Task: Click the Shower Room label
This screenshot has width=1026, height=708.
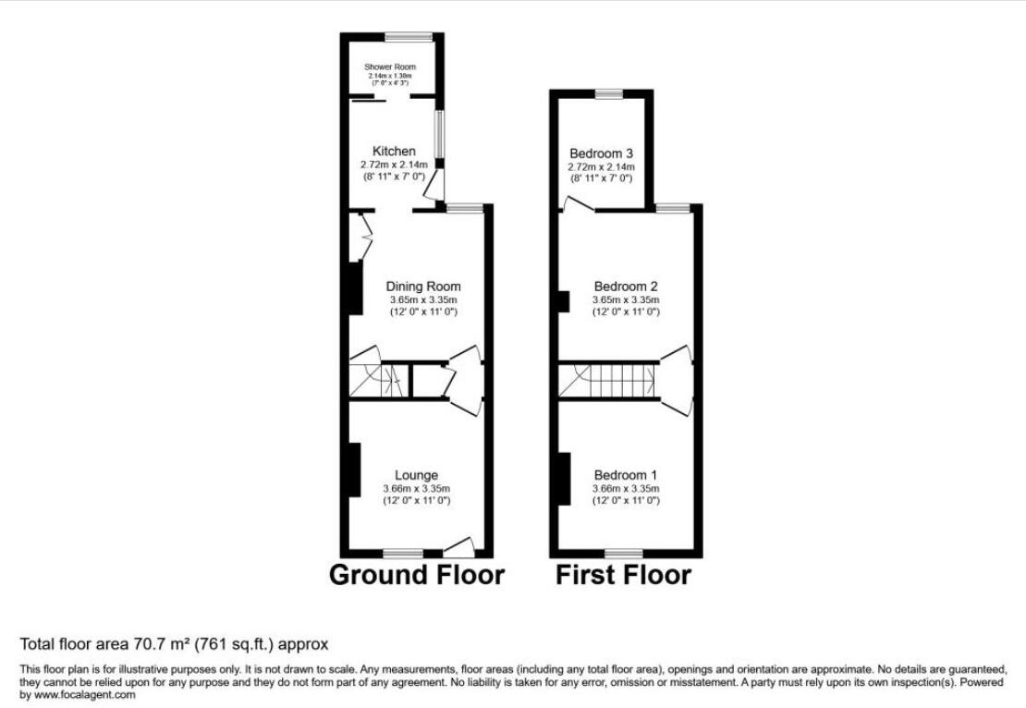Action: (x=390, y=67)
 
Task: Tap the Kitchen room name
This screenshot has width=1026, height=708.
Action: (x=394, y=152)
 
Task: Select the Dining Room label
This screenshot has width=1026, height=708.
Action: (x=422, y=287)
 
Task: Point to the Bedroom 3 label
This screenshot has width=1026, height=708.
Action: (x=601, y=153)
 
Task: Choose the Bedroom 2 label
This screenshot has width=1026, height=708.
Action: (x=626, y=287)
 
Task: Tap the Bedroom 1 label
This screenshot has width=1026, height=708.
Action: (x=626, y=476)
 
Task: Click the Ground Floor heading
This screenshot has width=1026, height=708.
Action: (x=417, y=575)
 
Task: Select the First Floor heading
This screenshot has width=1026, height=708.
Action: (x=623, y=575)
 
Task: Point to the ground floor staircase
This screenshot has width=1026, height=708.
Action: (x=376, y=380)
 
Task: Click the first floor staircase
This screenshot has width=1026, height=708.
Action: (x=610, y=380)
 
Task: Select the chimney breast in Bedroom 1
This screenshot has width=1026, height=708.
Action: (x=562, y=479)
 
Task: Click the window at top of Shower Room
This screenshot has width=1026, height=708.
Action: (x=409, y=37)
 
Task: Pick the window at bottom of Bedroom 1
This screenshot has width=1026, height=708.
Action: (x=624, y=554)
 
